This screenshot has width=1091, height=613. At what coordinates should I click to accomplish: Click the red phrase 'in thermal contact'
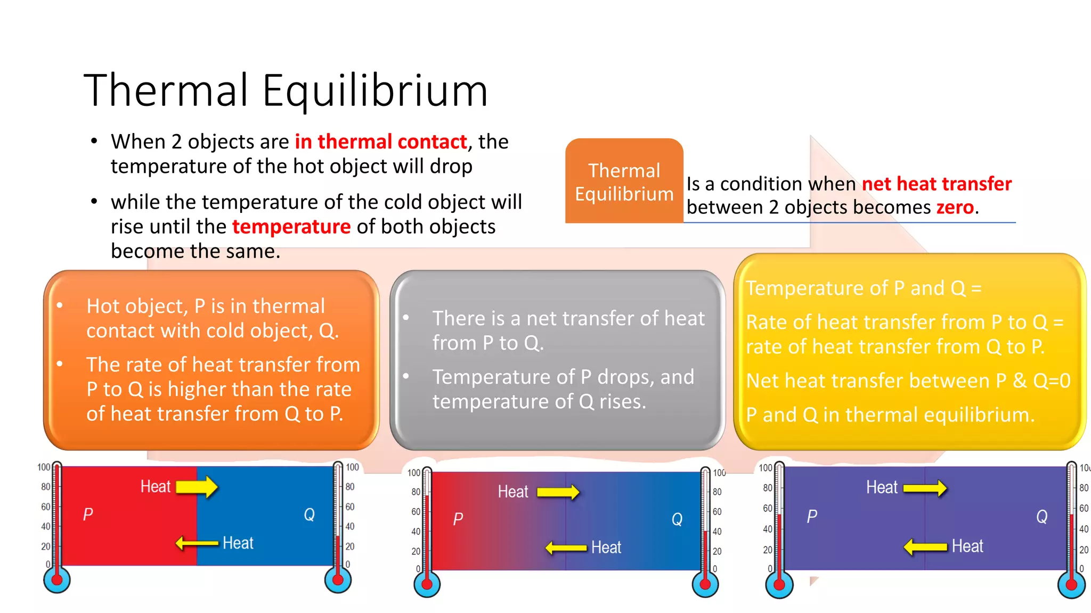(x=380, y=142)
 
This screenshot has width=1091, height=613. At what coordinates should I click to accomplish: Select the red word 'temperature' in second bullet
(x=291, y=227)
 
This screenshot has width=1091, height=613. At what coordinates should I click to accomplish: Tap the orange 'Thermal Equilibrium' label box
(x=624, y=181)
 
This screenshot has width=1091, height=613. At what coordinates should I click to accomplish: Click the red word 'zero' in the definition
(x=955, y=207)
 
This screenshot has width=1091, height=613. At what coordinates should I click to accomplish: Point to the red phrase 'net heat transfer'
(x=936, y=184)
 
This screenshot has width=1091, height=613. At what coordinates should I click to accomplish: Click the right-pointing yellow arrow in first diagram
(x=197, y=486)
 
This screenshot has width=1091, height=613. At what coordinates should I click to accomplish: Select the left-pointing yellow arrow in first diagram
(x=197, y=543)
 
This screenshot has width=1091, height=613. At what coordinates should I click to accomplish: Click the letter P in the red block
(x=88, y=515)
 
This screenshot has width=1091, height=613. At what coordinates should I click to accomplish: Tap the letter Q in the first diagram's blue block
(x=309, y=515)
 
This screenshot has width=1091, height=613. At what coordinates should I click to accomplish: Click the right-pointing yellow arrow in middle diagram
(x=558, y=492)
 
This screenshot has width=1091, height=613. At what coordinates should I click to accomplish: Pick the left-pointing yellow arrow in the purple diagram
(x=925, y=546)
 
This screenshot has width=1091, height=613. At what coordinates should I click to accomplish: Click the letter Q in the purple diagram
(x=1041, y=517)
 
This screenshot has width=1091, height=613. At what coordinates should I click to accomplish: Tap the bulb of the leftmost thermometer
(x=57, y=580)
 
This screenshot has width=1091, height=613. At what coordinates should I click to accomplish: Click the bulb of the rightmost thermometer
(x=1071, y=585)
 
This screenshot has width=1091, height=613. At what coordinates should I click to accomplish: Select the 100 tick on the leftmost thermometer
(x=44, y=467)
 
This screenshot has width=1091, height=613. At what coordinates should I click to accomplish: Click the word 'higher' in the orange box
(x=197, y=390)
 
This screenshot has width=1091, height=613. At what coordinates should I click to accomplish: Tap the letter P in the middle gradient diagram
(x=458, y=519)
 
